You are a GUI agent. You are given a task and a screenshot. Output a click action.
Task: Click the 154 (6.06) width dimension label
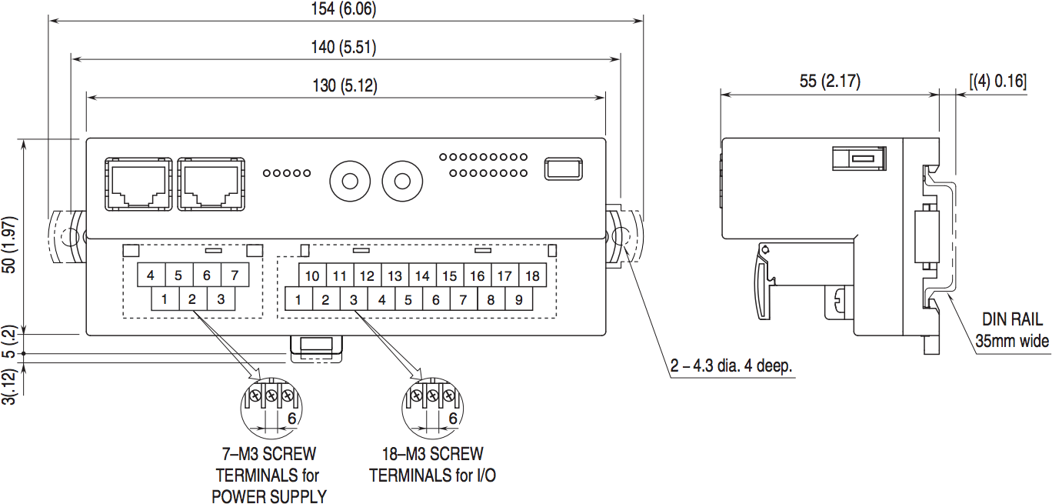[345, 10]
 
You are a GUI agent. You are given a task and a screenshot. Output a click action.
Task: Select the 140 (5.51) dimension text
[345, 48]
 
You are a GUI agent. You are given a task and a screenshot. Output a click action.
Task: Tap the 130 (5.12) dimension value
[345, 86]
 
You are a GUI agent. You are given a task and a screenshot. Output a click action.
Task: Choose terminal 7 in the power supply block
[235, 275]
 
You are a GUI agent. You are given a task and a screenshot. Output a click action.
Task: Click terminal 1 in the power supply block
[165, 299]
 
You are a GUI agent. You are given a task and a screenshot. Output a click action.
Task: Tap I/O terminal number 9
[518, 300]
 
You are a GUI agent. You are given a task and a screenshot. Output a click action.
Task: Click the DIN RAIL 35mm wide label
[1011, 329]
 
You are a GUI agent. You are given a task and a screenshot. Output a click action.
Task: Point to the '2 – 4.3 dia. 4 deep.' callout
[731, 368]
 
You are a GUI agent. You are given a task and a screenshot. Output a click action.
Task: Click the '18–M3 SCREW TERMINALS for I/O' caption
[433, 465]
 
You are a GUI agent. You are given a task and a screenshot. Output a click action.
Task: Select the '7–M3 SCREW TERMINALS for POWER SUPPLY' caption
[268, 475]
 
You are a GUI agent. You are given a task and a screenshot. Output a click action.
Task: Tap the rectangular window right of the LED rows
[564, 169]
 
